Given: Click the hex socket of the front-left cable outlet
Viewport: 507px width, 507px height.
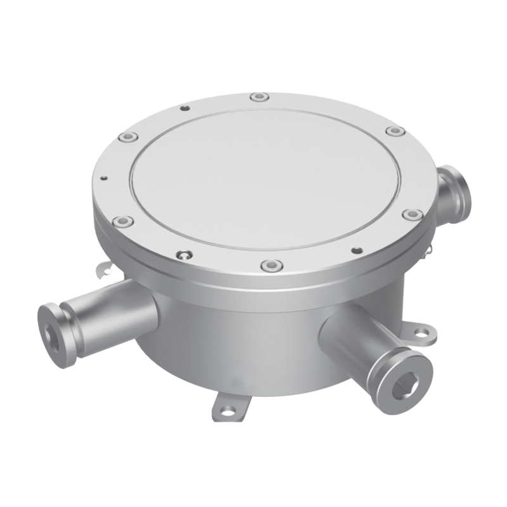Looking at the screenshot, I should (x=49, y=325).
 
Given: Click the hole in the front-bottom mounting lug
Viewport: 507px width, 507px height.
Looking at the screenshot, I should (x=224, y=408).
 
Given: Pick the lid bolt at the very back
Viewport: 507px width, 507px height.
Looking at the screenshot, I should (x=258, y=98).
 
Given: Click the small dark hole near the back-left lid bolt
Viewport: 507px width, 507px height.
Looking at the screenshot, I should (x=184, y=108).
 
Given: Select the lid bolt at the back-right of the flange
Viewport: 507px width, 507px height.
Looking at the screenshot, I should (x=395, y=132).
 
